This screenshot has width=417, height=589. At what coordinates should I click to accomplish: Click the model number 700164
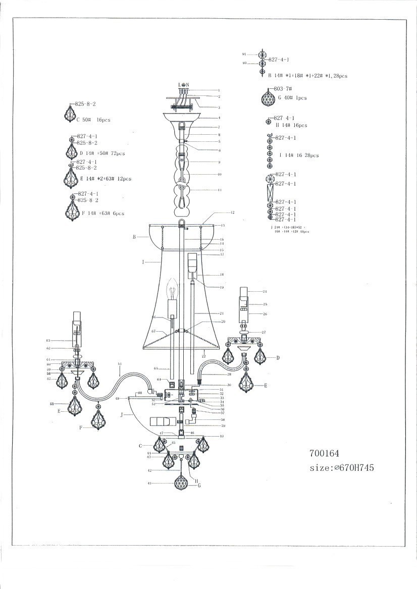tap(327, 453)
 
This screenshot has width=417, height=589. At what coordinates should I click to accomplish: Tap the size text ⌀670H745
tap(342, 468)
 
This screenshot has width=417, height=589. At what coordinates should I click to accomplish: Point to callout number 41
tap(149, 483)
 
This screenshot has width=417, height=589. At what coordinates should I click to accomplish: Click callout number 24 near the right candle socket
tap(265, 291)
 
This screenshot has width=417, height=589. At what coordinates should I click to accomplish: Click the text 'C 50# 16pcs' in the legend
tap(93, 120)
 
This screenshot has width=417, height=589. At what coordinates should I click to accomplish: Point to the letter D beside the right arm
tap(278, 357)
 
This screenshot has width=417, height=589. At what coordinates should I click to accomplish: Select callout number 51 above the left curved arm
tap(120, 364)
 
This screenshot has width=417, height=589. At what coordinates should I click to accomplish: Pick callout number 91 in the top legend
tap(244, 54)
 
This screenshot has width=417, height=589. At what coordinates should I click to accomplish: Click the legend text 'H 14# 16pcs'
tap(291, 125)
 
